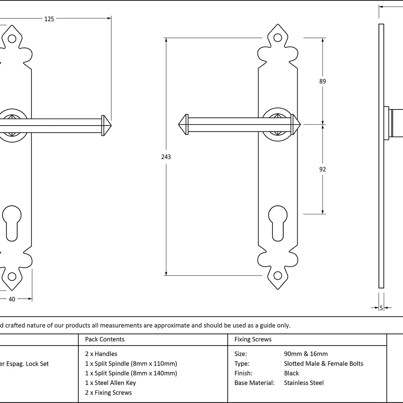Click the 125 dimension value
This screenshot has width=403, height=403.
click(49, 19)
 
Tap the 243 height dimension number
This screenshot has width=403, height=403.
click(166, 157)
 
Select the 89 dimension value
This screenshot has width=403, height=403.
click(322, 81)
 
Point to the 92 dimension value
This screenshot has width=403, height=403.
click(322, 169)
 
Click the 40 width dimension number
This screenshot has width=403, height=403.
click(12, 299)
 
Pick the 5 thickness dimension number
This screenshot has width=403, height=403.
click(381, 308)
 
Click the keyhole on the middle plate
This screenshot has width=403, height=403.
click(278, 222)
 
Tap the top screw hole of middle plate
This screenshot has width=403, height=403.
click(278, 38)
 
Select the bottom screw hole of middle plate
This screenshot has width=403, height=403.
click(278, 275)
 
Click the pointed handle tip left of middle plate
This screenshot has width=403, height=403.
click(182, 124)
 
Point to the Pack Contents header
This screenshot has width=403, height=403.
click(105, 339)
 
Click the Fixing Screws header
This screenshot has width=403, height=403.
click(253, 339)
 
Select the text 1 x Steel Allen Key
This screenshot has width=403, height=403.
click(110, 383)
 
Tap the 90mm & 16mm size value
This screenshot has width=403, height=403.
click(306, 354)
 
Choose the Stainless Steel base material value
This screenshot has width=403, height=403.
click(304, 383)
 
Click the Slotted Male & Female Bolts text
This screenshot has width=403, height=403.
click(323, 364)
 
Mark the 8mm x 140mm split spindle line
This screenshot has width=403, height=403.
click(131, 373)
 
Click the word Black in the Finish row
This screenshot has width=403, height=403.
click(291, 373)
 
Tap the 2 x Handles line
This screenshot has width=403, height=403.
click(101, 354)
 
